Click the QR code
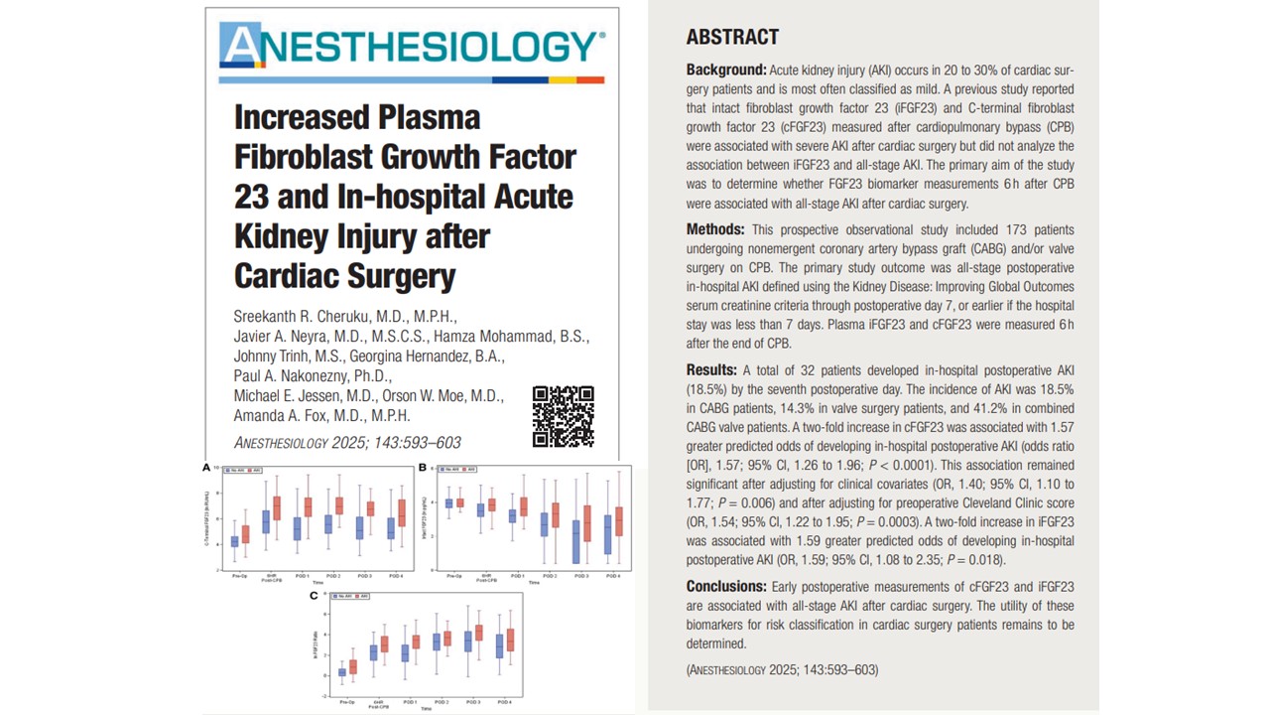563,416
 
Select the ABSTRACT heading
732,38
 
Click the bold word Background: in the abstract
726,71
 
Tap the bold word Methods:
714,229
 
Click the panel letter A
206,467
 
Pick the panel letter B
422,467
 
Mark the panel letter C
315,596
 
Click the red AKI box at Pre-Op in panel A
245,534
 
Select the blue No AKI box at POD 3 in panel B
576,542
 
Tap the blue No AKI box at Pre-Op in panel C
342,672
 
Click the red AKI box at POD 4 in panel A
401,512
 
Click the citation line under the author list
347,443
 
